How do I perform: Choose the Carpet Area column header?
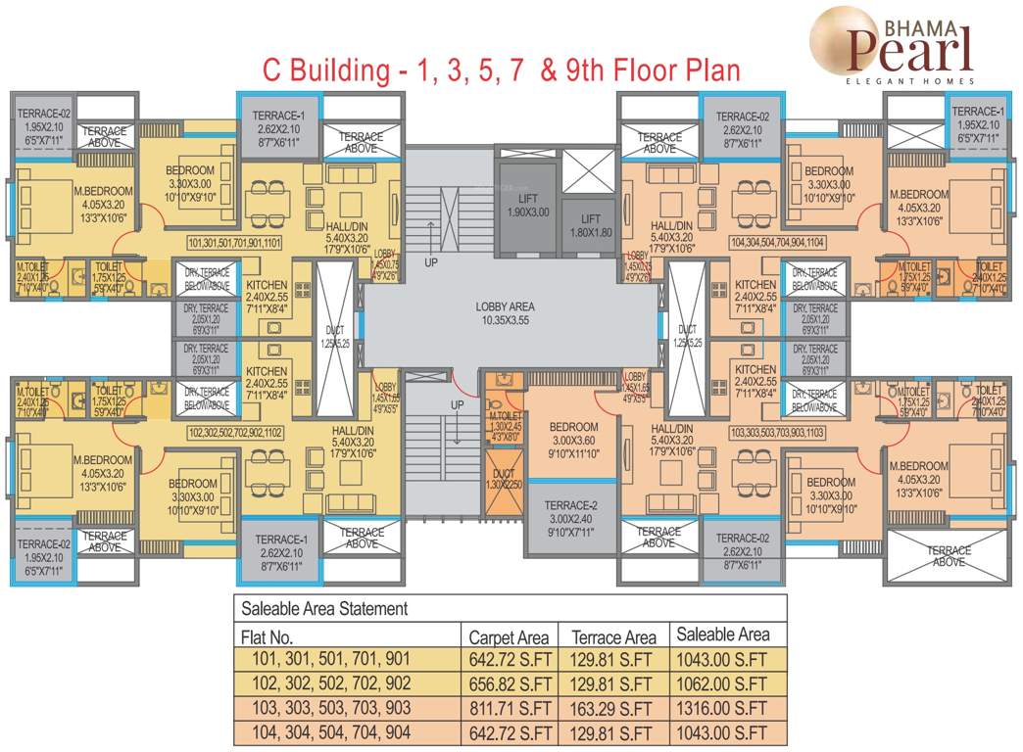(510, 635)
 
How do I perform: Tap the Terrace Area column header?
(613, 635)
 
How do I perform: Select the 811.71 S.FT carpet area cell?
(510, 708)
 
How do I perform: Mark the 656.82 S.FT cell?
(510, 683)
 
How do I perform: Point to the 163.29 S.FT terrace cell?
(613, 708)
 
